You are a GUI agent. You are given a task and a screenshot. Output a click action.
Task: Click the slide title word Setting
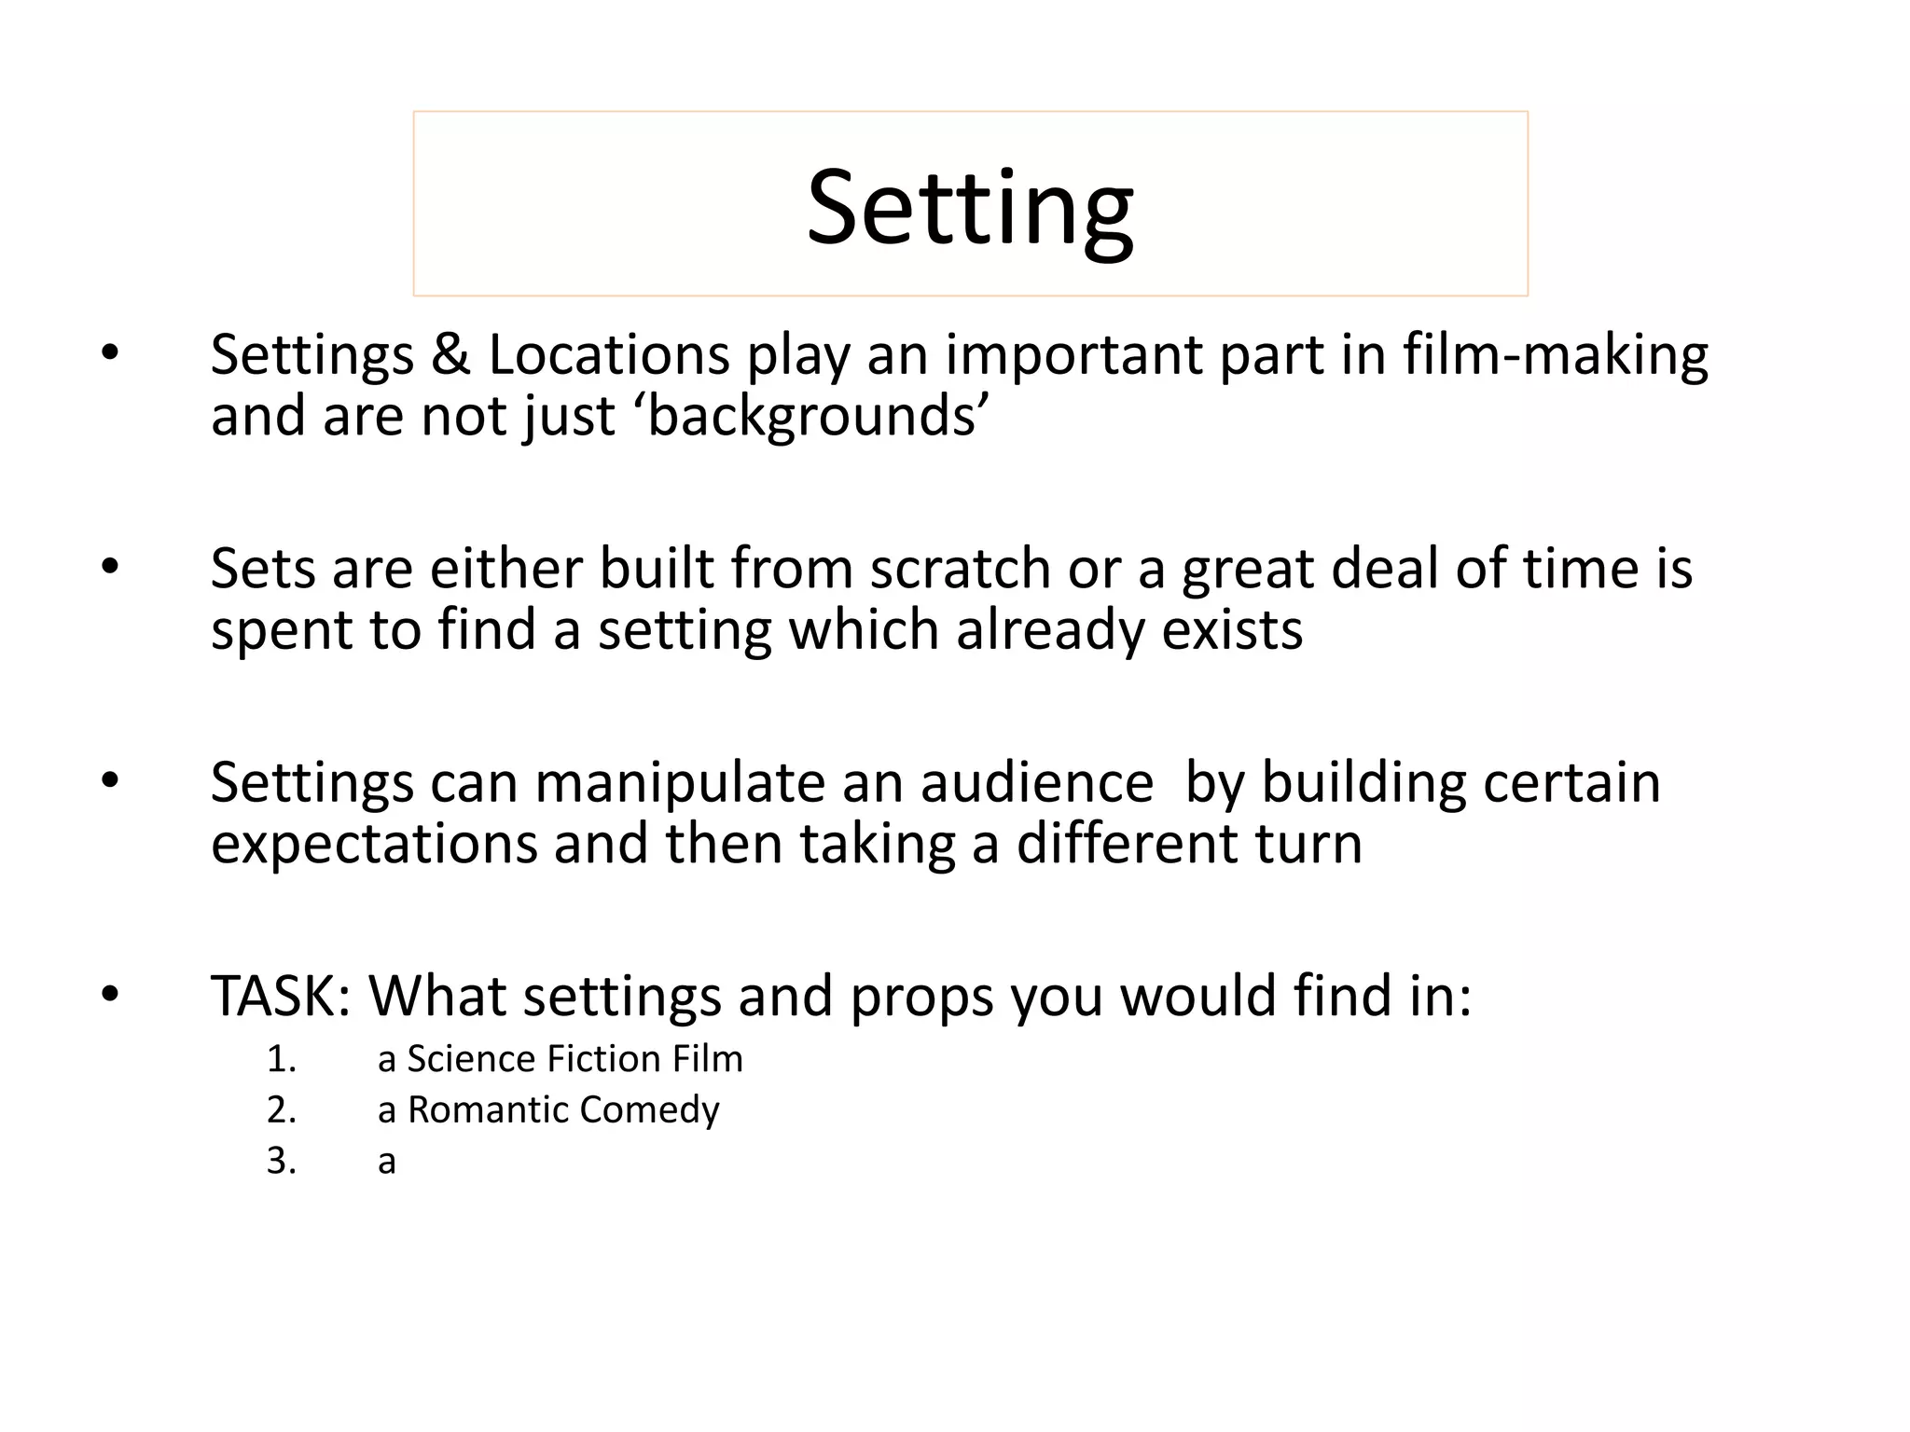click(970, 209)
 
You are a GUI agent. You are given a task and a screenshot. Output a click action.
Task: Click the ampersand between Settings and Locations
click(450, 355)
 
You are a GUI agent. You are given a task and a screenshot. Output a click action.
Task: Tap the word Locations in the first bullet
click(609, 355)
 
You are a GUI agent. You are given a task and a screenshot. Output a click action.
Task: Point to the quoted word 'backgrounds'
click(810, 416)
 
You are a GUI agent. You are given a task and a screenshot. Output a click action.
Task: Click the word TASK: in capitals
click(281, 996)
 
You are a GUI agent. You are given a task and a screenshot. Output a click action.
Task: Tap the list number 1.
click(281, 1060)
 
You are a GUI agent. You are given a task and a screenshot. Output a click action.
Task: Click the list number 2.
click(281, 1110)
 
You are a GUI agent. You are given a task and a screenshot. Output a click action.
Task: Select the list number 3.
click(281, 1162)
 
